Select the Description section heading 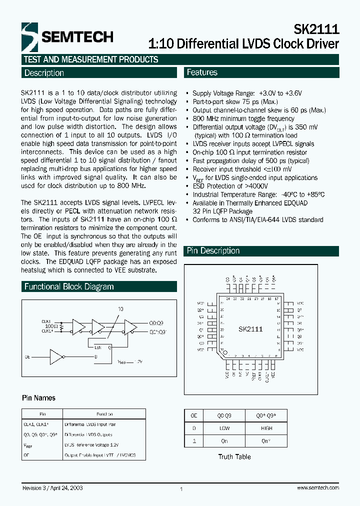(44, 73)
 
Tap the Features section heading (202, 72)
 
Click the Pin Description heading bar (213, 251)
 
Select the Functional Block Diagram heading (69, 287)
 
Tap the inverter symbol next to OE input (56, 357)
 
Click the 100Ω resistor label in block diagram (50, 326)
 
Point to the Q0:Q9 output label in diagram (155, 323)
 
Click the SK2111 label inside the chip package (250, 329)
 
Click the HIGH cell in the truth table (266, 428)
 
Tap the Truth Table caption (234, 456)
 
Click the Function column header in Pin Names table (103, 414)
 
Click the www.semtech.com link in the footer (317, 487)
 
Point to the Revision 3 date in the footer (52, 487)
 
